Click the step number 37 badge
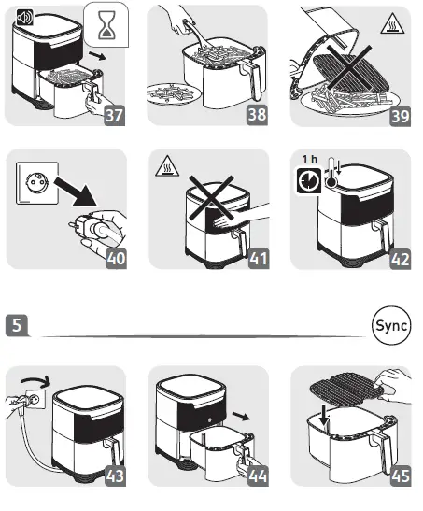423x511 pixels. click(x=114, y=115)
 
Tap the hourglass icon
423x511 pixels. click(x=106, y=25)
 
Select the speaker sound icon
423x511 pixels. click(x=25, y=18)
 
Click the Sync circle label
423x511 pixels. click(x=391, y=325)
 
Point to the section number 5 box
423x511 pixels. click(x=17, y=325)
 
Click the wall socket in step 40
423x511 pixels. click(x=37, y=183)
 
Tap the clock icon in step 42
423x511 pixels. click(x=308, y=180)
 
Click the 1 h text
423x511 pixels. click(x=309, y=160)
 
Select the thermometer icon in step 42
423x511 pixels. click(x=331, y=173)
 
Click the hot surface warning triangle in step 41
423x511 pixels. click(x=167, y=166)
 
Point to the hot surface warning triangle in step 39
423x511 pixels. click(x=392, y=23)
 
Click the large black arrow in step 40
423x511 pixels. click(x=77, y=192)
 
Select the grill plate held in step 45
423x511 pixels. click(x=345, y=390)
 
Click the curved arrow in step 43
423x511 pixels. click(x=35, y=380)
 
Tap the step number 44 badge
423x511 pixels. click(x=258, y=476)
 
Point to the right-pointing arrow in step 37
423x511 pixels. click(x=97, y=55)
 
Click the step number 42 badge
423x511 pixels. click(x=401, y=260)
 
